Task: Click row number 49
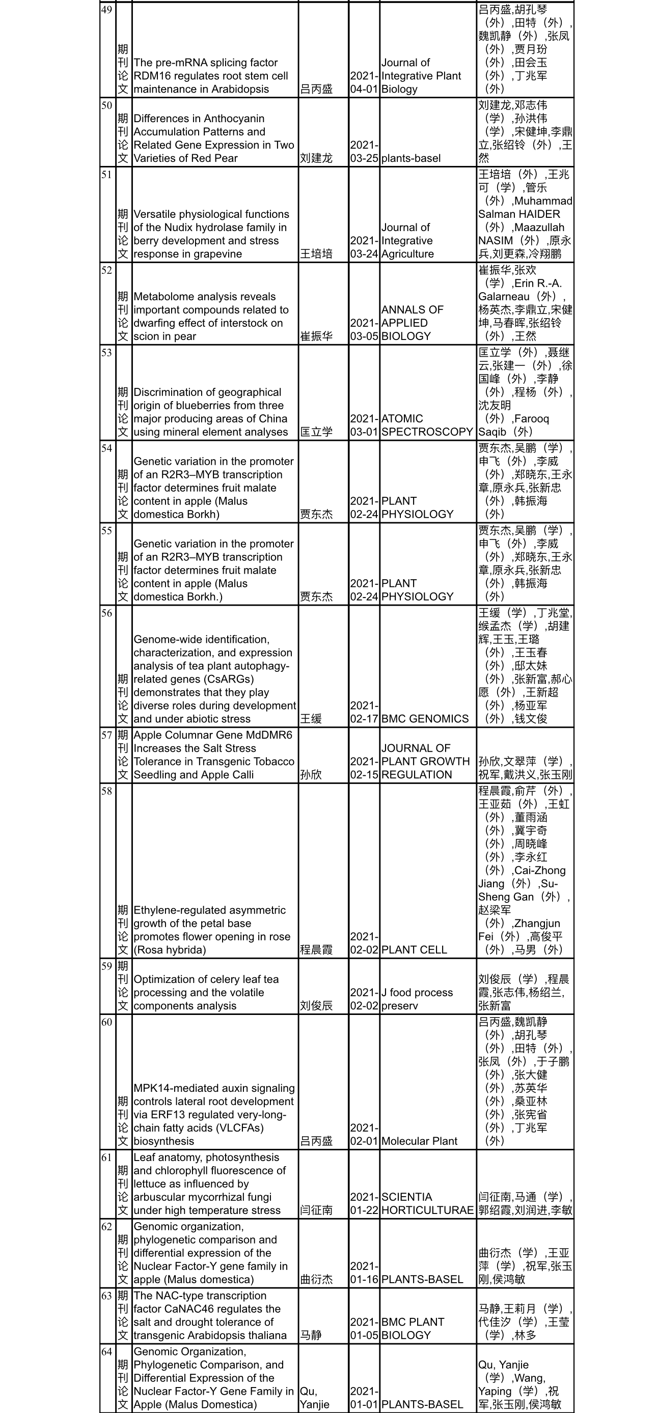point(106,10)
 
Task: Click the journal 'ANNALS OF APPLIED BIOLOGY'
point(412,323)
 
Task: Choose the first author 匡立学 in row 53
point(316,432)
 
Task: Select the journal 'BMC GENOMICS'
point(425,719)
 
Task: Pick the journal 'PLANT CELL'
point(414,949)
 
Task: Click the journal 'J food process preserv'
point(417,999)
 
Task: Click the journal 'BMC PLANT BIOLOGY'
point(412,1329)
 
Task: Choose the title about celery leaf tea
point(206,992)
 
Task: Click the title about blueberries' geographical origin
point(210,412)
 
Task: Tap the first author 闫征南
point(316,1210)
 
